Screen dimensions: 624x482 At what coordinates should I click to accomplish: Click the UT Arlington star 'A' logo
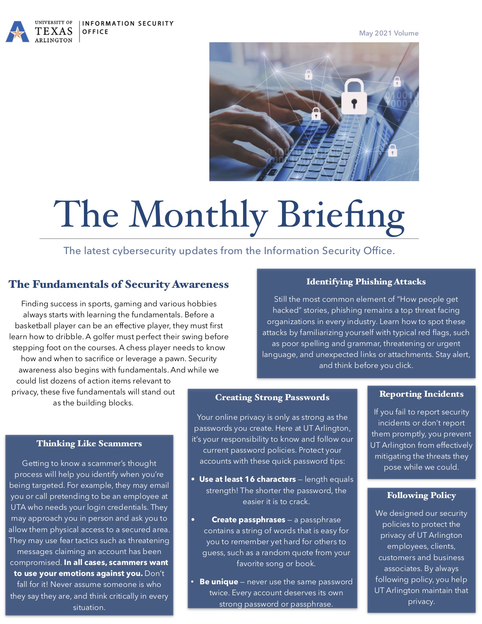click(x=17, y=32)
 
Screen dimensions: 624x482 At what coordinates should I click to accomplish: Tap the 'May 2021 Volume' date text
click(x=389, y=33)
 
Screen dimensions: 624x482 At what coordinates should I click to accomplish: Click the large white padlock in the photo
click(x=354, y=97)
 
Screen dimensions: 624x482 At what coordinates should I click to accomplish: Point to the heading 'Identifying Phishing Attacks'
click(x=366, y=282)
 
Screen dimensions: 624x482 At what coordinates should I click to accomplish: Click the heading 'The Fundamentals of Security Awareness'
click(x=119, y=284)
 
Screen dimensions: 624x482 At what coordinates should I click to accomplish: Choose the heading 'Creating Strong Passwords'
click(x=272, y=397)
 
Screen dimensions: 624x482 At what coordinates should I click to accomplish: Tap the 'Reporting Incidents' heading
click(x=421, y=394)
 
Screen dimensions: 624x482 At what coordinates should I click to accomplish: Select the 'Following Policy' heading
click(x=421, y=495)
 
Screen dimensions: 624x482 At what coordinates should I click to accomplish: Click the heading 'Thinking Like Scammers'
click(x=89, y=444)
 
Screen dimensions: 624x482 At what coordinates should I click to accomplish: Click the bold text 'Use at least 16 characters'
click(x=248, y=480)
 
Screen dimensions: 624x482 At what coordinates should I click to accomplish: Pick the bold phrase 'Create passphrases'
click(x=248, y=520)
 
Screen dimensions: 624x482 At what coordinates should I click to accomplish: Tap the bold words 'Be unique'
click(x=219, y=582)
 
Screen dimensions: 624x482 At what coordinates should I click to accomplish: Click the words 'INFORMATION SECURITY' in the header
click(x=128, y=23)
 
